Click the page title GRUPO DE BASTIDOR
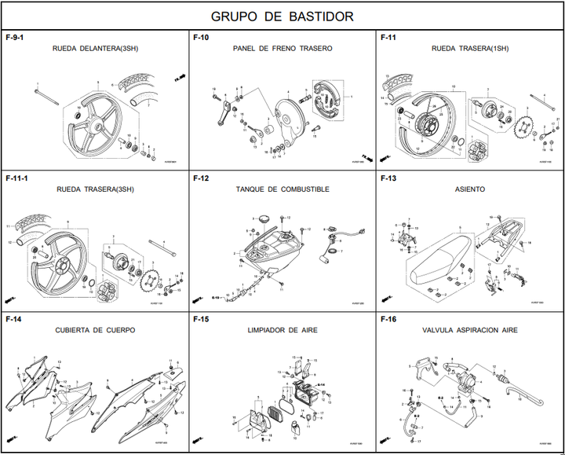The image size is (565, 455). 282,17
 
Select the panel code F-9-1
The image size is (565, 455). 15,37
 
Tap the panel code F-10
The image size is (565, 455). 201,37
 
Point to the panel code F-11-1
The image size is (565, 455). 17,178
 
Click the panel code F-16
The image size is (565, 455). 388,320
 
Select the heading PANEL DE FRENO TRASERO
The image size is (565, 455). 282,49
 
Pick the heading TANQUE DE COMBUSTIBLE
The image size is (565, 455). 282,190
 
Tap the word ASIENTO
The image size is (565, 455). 470,190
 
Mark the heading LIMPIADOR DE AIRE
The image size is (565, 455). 282,331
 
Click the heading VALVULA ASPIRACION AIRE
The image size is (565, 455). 470,331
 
